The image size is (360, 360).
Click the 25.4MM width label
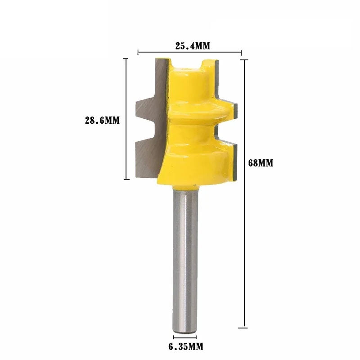(x=189, y=45)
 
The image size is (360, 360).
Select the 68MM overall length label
(x=261, y=163)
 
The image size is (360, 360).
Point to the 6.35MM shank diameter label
(x=185, y=346)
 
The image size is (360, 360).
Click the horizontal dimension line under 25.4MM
(x=189, y=52)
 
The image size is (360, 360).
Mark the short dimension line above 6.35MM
(x=185, y=336)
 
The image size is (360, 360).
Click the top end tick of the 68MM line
(x=245, y=59)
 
